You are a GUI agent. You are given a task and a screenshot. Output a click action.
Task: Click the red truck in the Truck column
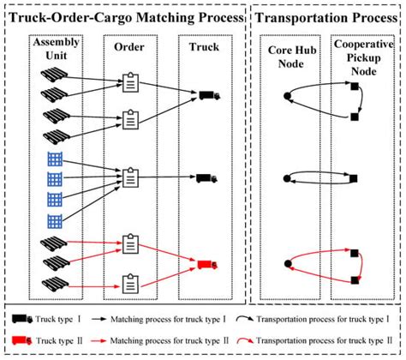click(206, 263)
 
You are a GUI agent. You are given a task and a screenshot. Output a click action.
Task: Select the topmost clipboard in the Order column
click(131, 81)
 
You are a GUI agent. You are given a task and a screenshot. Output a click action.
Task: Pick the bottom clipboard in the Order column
click(131, 281)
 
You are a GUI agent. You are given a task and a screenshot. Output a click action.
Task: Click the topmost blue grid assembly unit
click(53, 160)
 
